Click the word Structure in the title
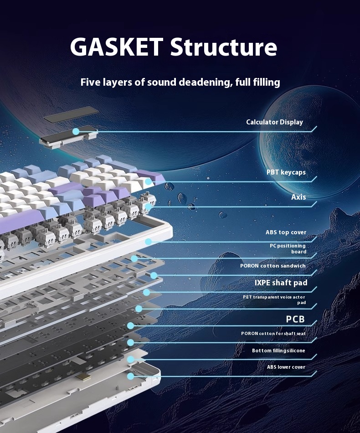tap(224, 47)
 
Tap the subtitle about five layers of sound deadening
tap(180, 82)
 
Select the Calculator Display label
tap(274, 122)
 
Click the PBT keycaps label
tap(286, 172)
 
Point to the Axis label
tap(298, 197)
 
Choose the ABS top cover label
tap(286, 232)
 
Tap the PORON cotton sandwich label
tap(273, 266)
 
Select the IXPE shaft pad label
tap(281, 283)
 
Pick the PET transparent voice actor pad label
tap(274, 299)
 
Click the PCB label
tap(295, 319)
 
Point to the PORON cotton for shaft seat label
tap(273, 334)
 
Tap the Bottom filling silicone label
tap(278, 351)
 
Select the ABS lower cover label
tap(286, 367)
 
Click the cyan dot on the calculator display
tap(76, 131)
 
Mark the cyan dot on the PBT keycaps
tap(148, 181)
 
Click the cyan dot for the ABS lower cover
tap(131, 376)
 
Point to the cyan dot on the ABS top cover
tap(148, 242)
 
